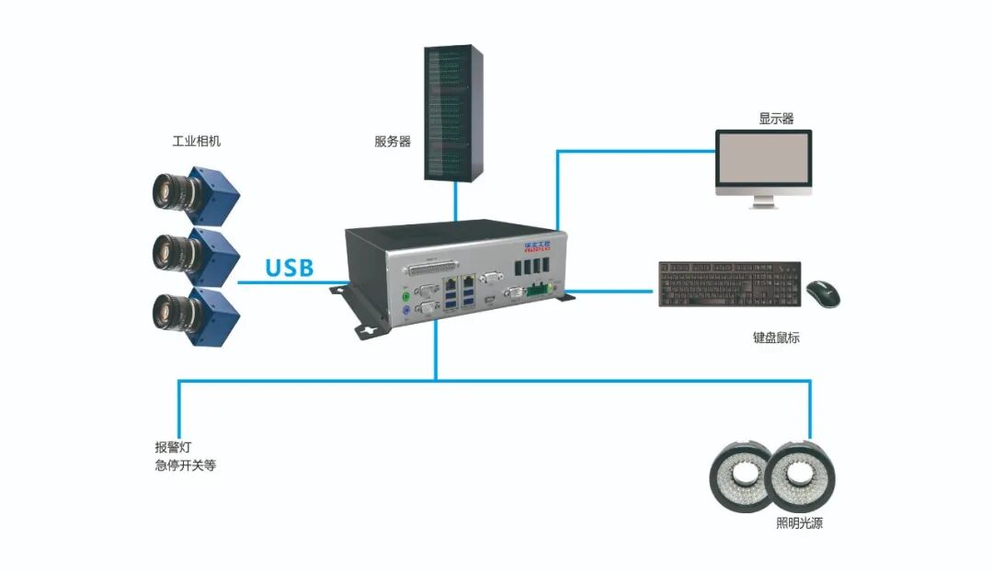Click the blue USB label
click(x=289, y=269)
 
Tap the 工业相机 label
click(x=196, y=142)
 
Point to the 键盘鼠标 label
click(x=775, y=338)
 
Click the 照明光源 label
click(x=800, y=524)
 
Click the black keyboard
click(x=729, y=284)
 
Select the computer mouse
click(x=823, y=292)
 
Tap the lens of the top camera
click(x=166, y=190)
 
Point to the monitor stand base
click(x=764, y=204)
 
